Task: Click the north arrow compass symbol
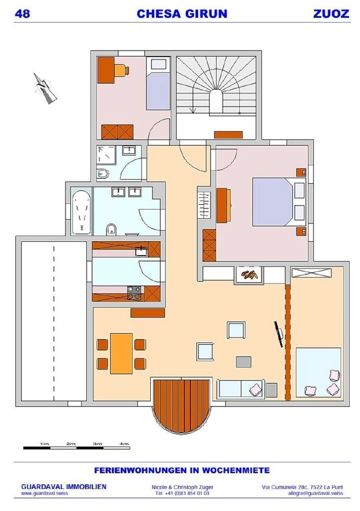[45, 88]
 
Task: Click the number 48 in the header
[22, 14]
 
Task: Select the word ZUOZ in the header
[331, 14]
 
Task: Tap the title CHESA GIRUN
[182, 14]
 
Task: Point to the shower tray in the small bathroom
[106, 155]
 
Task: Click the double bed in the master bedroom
[279, 202]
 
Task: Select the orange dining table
[121, 353]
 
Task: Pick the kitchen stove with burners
[134, 292]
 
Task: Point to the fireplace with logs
[249, 275]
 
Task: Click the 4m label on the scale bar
[124, 444]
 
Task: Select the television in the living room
[279, 334]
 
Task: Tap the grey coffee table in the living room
[244, 362]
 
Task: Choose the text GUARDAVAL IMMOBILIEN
[64, 486]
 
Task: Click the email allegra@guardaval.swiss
[316, 494]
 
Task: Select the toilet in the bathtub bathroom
[111, 229]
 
